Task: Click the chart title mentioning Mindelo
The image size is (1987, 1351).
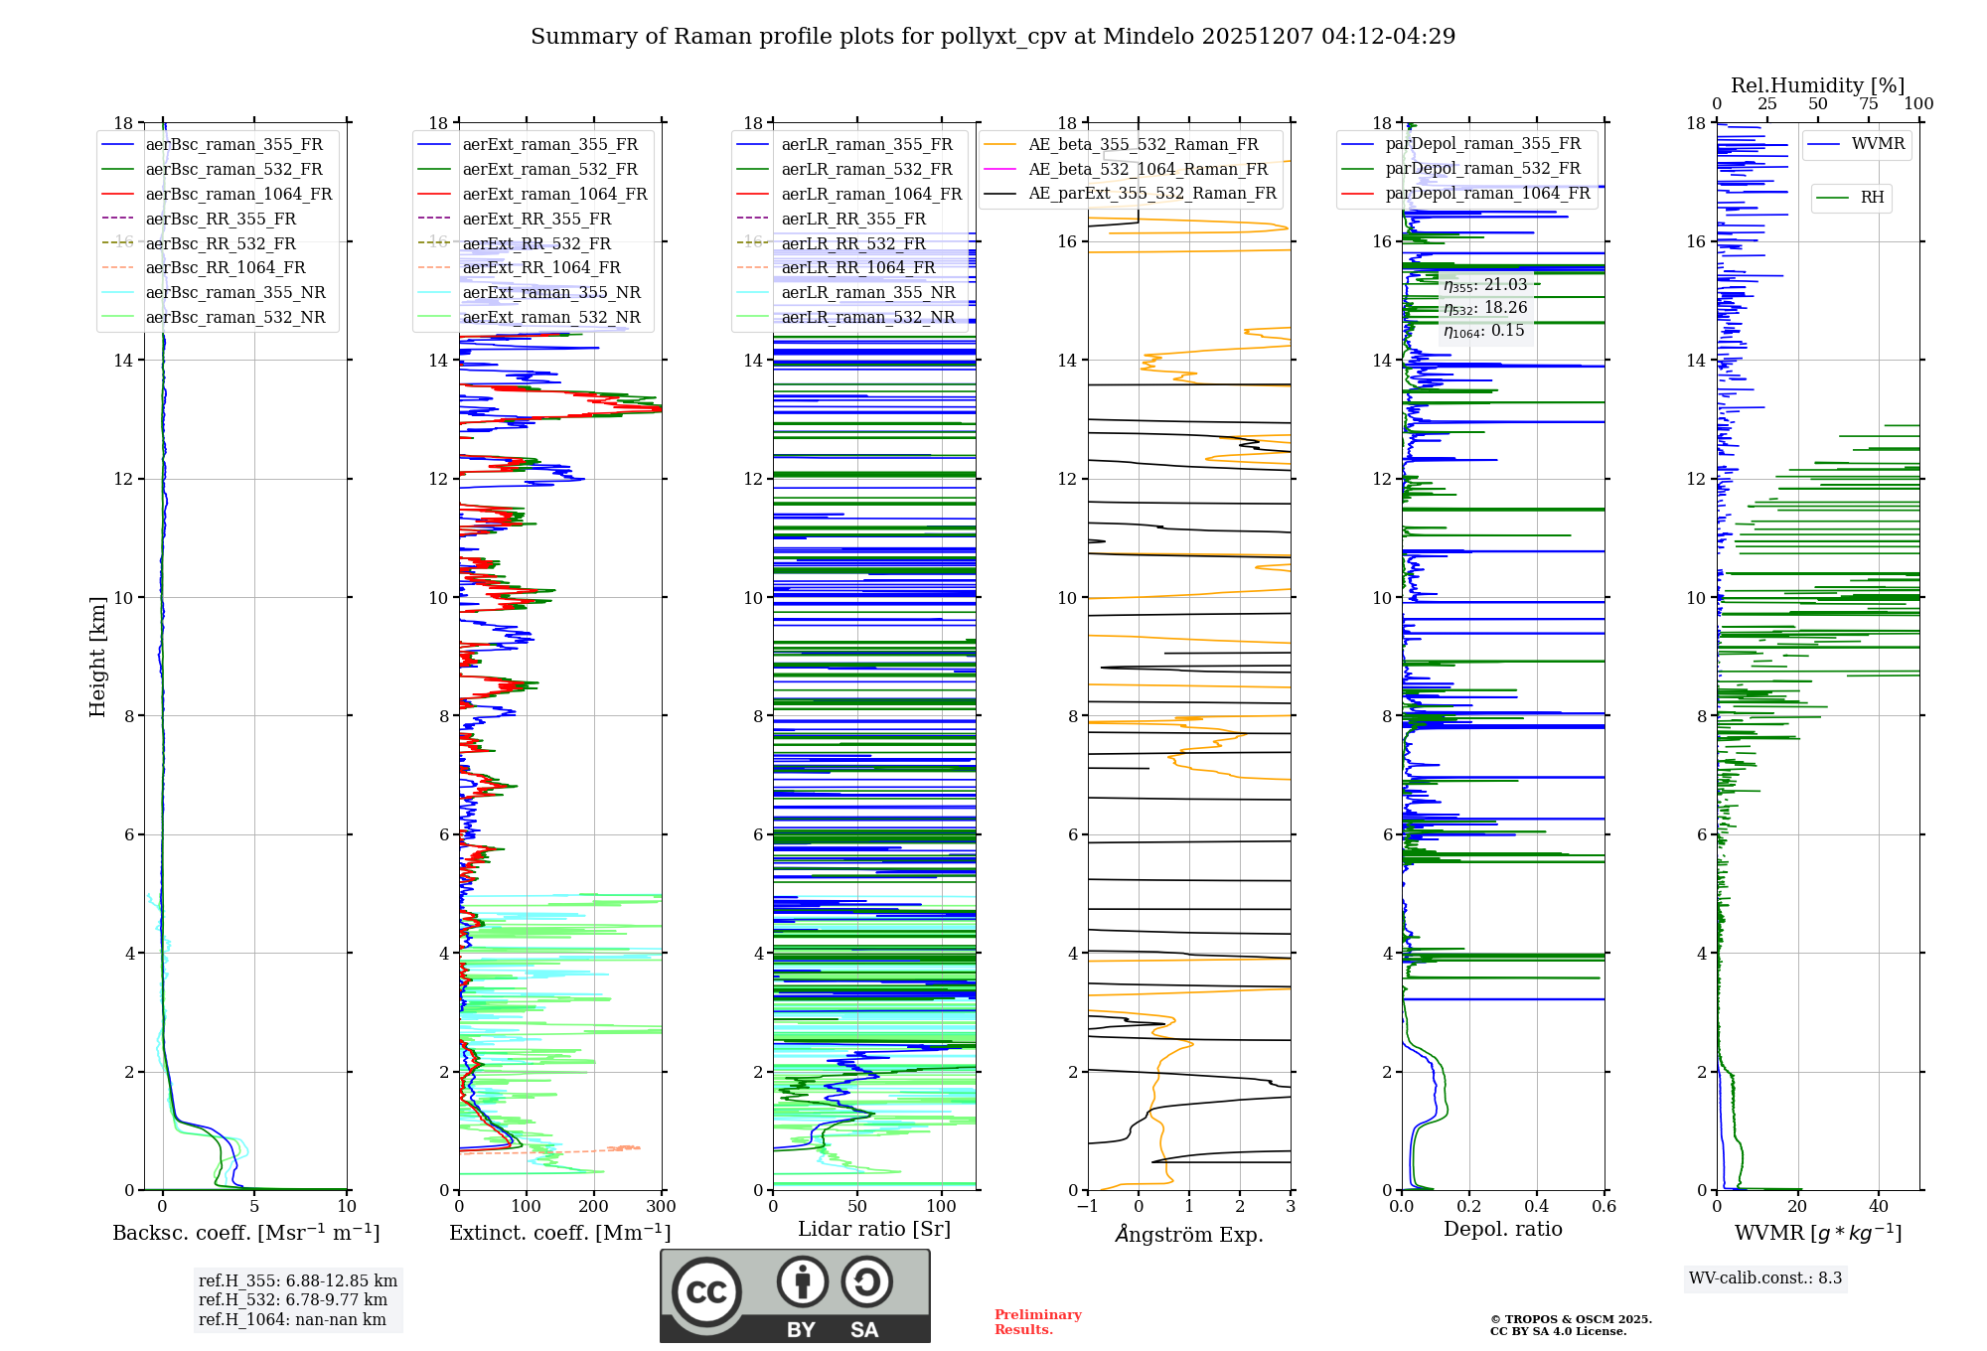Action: pos(993,37)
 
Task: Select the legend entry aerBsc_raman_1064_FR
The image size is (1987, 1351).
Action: pos(238,195)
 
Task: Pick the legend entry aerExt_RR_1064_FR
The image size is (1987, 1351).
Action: pos(540,268)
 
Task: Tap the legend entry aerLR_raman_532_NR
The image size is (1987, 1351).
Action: pos(867,318)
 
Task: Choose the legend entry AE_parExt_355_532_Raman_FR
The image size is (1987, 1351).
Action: pos(1151,194)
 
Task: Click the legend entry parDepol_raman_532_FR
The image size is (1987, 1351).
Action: pos(1482,169)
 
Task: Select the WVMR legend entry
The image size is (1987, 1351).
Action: pos(1878,144)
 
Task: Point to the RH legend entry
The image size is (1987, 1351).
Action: pos(1872,198)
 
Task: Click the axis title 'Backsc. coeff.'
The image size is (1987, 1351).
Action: pos(246,1233)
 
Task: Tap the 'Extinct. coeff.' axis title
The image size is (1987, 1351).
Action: pos(560,1233)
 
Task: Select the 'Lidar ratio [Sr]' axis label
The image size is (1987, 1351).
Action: pos(874,1230)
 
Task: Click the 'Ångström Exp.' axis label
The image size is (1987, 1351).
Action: pos(1189,1235)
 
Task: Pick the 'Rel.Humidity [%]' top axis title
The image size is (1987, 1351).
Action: pos(1817,85)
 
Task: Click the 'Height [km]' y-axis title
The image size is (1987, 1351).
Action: pos(97,657)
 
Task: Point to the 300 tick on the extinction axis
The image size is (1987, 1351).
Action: pos(661,1207)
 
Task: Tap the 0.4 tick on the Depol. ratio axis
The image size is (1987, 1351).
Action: pos(1536,1207)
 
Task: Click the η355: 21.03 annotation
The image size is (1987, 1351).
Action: pos(1484,285)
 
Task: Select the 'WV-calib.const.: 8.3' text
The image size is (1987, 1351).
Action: pos(1765,1278)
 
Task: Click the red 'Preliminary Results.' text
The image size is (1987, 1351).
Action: pos(1037,1322)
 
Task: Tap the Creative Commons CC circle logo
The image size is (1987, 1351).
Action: pos(706,1292)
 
